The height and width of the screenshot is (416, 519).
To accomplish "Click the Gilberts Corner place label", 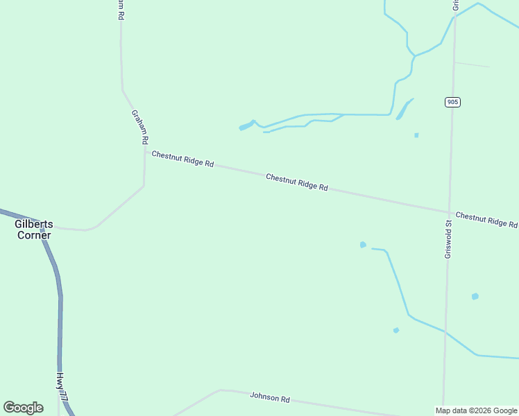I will click(34, 229).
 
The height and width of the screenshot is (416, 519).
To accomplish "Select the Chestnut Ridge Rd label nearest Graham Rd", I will click(182, 159).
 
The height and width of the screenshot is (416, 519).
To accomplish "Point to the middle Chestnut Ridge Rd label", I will click(296, 182).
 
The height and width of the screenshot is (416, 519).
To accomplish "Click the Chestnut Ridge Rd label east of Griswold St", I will click(486, 220).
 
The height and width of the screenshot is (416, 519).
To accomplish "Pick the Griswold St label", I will click(448, 239).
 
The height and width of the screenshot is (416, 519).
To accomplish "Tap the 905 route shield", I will click(452, 102).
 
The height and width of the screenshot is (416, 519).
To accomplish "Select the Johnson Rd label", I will click(270, 398).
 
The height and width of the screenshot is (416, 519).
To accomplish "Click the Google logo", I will click(23, 408).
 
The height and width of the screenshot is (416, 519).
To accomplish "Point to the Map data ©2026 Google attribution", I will click(477, 410).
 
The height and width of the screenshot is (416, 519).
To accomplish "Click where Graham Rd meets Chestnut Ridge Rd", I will click(144, 150).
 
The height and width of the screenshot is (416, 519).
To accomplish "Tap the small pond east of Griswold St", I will click(475, 296).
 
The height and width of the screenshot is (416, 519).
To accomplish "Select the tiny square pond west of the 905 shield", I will click(416, 135).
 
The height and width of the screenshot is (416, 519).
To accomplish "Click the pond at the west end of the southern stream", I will click(362, 245).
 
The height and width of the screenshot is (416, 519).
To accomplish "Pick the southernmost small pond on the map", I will click(396, 330).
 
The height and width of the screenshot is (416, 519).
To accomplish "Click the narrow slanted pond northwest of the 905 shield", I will click(404, 109).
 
